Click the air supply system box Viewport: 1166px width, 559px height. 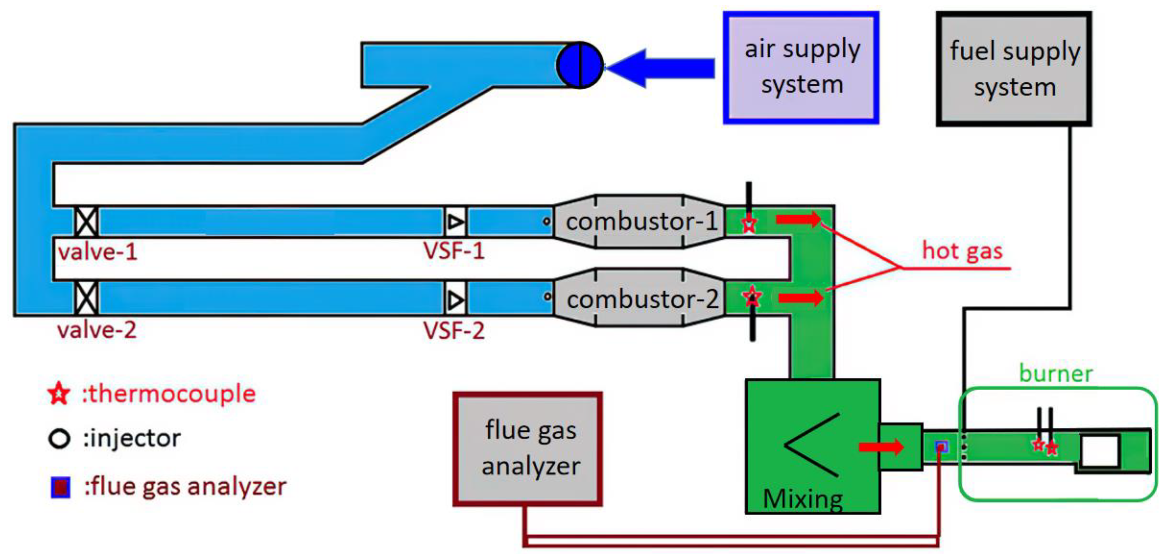pos(801,68)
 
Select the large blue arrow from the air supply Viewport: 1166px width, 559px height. pos(661,68)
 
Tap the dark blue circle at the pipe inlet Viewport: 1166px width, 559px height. pos(580,65)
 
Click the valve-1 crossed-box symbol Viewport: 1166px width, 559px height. pos(86,221)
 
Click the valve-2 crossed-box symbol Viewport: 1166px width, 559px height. pos(86,298)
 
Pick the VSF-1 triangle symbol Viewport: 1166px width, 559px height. pos(455,221)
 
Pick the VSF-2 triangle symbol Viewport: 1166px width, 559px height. pos(455,300)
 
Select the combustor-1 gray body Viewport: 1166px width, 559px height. pos(641,221)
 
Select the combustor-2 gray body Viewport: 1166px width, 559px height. pos(641,300)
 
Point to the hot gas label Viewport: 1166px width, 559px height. pos(962,251)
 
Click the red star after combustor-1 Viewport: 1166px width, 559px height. pos(749,223)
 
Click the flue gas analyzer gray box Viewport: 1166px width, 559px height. pos(528,449)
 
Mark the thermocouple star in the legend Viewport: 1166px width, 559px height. pos(59,394)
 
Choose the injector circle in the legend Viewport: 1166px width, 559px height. pos(59,438)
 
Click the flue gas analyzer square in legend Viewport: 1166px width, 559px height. pos(60,487)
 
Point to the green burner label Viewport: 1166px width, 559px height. pos(1056,374)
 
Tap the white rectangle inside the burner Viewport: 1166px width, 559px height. pos(1100,450)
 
